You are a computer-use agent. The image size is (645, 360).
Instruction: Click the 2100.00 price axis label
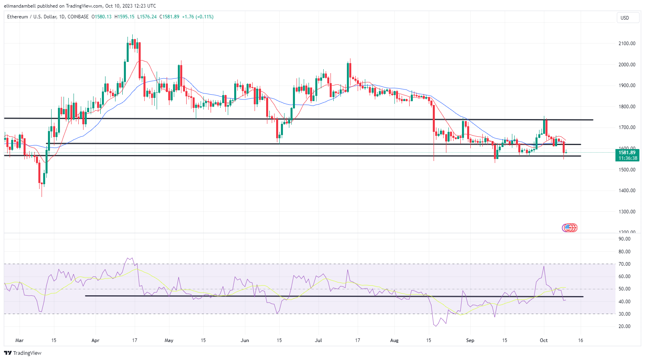point(627,44)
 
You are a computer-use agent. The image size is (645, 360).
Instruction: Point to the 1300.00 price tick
point(627,212)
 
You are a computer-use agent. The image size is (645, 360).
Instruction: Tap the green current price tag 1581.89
point(627,153)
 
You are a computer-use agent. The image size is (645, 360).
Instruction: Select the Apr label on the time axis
point(95,340)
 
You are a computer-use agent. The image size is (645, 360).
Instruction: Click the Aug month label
point(394,340)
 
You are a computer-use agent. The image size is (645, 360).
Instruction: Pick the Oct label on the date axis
point(543,340)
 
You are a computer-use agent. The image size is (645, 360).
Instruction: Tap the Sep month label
point(470,340)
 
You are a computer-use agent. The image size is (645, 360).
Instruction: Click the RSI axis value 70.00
point(624,264)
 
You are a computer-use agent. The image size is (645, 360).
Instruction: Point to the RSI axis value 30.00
point(624,314)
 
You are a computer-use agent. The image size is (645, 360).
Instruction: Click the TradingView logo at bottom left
point(23,353)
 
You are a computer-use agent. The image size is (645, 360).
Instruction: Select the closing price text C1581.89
point(169,17)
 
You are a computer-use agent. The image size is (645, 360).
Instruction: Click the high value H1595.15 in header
point(124,17)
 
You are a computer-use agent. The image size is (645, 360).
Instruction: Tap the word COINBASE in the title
point(78,17)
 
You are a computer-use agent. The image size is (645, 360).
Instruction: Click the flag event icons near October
point(570,228)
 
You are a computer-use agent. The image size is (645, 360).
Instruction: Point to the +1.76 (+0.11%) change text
point(198,17)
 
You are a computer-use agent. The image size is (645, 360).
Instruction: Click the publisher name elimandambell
point(20,6)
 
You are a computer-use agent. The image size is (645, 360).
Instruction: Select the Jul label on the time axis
point(319,340)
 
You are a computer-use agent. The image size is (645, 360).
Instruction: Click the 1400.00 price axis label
point(627,191)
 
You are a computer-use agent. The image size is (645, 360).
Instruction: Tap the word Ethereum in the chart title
point(18,17)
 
